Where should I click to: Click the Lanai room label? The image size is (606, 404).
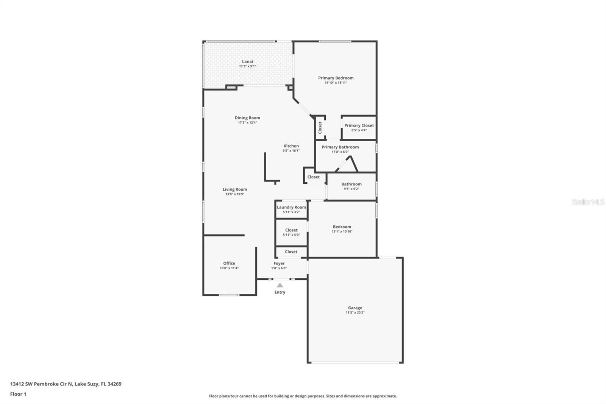point(247,61)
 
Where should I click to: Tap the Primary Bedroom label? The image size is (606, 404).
point(336,78)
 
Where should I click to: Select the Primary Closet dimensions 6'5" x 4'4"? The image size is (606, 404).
point(359,130)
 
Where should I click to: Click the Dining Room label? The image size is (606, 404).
point(247,118)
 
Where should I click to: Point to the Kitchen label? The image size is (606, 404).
point(291,146)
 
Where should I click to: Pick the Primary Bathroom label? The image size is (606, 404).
point(340,147)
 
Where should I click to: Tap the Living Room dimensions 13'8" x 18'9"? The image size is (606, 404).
point(235,194)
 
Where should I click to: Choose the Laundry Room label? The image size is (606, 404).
point(291,207)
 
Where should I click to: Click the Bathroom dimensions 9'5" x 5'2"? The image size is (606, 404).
point(351,189)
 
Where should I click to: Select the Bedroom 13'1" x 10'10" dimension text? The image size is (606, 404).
point(342,232)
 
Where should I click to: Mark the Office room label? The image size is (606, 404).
point(229,263)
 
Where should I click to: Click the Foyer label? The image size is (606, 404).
point(279,263)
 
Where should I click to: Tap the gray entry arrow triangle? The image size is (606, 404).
point(280,285)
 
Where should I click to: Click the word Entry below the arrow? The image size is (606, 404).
point(280,292)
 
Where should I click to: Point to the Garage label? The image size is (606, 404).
point(355,308)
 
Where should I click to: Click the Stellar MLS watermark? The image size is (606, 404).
point(588,202)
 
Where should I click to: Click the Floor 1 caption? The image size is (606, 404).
point(18,394)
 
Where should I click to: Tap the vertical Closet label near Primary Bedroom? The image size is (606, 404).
point(320,127)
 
